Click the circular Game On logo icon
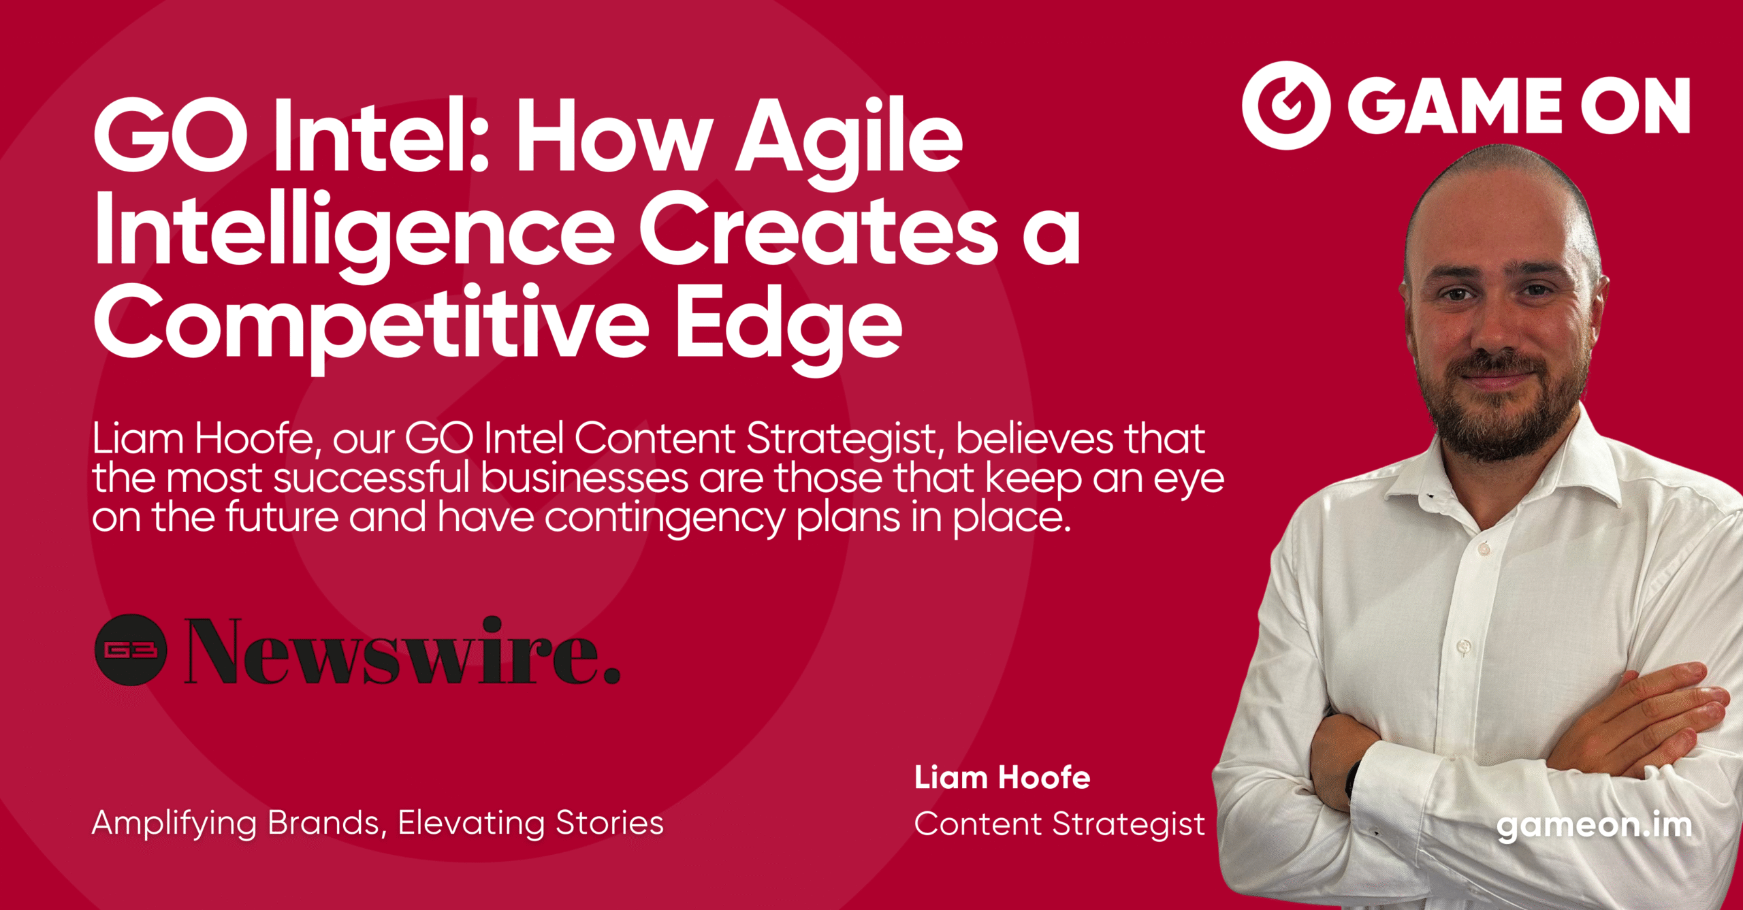click(1285, 105)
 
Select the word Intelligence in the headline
click(354, 231)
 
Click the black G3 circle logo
click(130, 649)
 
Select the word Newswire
click(402, 650)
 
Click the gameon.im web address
click(1595, 826)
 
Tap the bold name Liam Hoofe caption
click(1002, 777)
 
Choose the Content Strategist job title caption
click(1059, 824)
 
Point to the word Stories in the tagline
click(609, 822)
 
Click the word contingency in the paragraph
click(664, 519)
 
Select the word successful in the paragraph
click(372, 478)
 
